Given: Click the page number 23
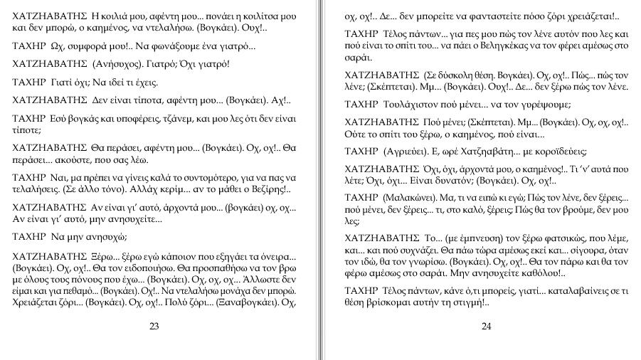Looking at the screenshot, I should [154, 327].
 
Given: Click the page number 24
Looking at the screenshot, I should [487, 327].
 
